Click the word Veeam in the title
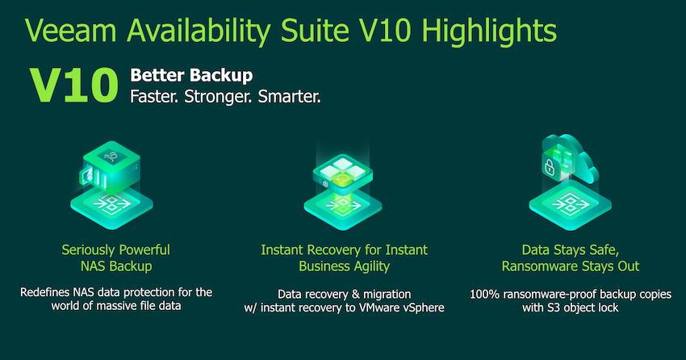click(x=70, y=31)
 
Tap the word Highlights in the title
click(x=489, y=32)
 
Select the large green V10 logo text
click(x=74, y=86)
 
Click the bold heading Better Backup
click(x=191, y=76)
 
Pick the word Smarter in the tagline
click(x=289, y=96)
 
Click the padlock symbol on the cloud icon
click(x=550, y=166)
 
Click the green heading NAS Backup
click(x=116, y=266)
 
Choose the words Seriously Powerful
click(x=115, y=249)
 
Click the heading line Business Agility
click(x=344, y=266)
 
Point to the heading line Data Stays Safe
click(x=570, y=250)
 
